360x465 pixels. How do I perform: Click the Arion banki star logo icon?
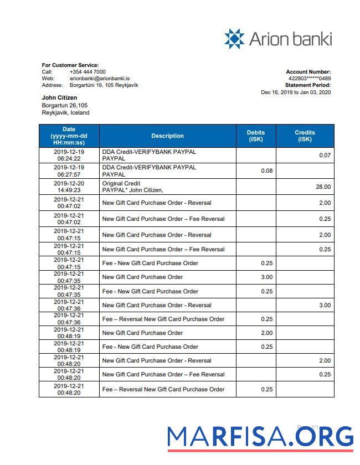coord(234,39)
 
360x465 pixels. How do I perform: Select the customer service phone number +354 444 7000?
coord(88,72)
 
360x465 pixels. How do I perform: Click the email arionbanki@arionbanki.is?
coord(100,79)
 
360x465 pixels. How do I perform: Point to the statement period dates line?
coord(296,92)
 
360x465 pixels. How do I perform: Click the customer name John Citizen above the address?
coord(59,98)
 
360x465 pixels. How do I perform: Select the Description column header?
coord(167,136)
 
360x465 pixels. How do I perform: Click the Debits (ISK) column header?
coord(256,136)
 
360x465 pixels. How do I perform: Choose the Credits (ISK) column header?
coord(305,136)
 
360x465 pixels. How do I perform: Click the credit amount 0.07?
coord(325,156)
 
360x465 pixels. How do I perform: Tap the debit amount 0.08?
coord(266,170)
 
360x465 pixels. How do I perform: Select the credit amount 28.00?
coord(323,187)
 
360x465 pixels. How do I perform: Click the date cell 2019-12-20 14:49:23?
coord(69,187)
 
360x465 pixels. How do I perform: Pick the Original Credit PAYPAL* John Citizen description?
coord(132,187)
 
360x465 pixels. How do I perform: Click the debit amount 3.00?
coord(266,277)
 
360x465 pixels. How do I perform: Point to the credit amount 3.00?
coord(324,305)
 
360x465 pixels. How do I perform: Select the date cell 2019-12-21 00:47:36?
coord(69,319)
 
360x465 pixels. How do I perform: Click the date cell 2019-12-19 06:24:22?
coord(69,155)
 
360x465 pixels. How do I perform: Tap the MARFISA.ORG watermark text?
coord(260,437)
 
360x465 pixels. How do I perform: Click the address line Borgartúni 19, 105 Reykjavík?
coord(104,85)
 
